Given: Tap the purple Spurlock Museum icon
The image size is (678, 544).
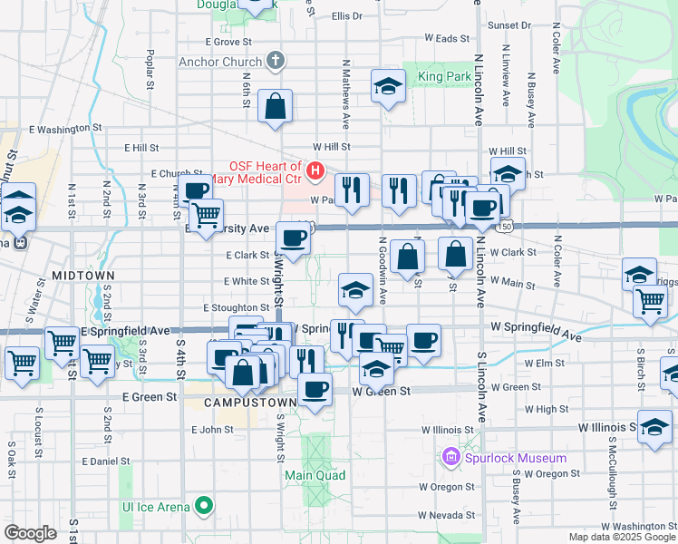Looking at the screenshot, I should click(451, 457).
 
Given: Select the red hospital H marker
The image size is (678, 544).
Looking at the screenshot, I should click(315, 170).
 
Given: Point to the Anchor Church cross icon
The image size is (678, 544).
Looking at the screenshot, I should click(276, 62).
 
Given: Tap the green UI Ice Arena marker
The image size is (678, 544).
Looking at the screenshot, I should click(206, 506).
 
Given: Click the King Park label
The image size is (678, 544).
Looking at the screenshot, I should click(444, 77).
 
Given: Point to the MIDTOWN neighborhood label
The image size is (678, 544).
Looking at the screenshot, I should click(82, 274).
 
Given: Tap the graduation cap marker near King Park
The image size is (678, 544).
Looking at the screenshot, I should click(388, 86).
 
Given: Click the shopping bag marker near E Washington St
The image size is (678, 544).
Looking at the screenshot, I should click(274, 106).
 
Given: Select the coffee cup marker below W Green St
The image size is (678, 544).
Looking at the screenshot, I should click(315, 390).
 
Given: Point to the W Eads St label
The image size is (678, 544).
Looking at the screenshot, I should click(447, 39).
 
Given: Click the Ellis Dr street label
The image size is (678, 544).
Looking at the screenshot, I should click(346, 16).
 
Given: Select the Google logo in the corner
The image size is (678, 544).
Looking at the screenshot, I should click(30, 533).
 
